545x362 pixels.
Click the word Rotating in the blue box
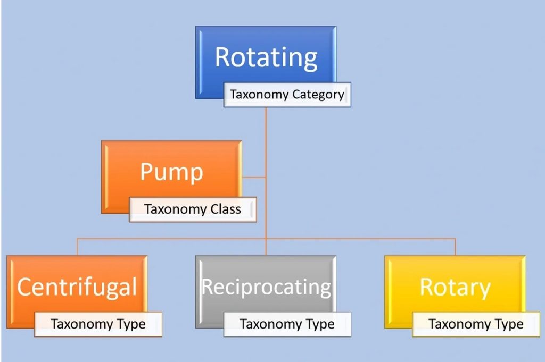point(266,57)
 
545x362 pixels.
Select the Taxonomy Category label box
point(287,95)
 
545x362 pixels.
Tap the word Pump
point(172,172)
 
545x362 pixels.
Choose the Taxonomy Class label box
point(193,209)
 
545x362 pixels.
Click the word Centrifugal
point(77,288)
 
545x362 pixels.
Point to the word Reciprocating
point(266,288)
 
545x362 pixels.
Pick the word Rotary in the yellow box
point(455,288)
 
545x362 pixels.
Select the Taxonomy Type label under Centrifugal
point(98,324)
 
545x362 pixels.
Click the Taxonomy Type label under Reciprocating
point(287,324)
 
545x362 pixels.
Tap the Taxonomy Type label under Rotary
point(476,324)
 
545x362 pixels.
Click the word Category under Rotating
point(318,95)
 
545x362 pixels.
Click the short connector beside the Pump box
point(254,178)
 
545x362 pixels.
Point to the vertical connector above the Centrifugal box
point(77,247)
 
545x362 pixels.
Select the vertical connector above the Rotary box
point(455,247)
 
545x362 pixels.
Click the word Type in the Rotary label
point(509,324)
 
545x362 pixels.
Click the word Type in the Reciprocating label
point(320,324)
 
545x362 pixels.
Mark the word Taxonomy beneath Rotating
point(259,95)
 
